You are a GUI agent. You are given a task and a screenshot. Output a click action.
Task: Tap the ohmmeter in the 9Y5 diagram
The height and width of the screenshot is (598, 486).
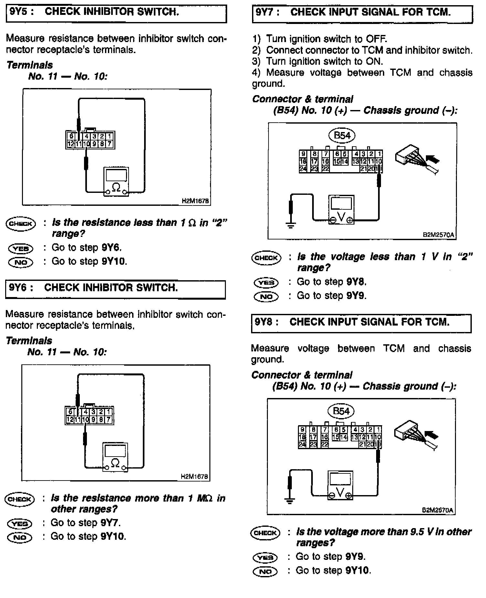(116, 182)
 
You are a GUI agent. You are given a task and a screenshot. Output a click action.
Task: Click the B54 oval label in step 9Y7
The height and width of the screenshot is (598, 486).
(342, 136)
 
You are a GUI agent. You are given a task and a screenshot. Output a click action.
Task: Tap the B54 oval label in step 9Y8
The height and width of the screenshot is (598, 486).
(341, 411)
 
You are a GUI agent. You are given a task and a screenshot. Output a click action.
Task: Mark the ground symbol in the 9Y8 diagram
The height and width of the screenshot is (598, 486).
(290, 501)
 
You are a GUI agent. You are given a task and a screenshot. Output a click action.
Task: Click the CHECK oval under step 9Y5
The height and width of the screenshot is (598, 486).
(21, 224)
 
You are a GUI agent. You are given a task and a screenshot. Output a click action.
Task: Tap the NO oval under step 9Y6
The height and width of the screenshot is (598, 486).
(20, 537)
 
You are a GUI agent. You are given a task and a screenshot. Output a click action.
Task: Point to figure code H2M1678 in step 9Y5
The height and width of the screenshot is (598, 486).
(195, 201)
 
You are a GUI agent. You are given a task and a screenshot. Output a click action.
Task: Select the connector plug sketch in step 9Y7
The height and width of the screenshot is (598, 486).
(417, 159)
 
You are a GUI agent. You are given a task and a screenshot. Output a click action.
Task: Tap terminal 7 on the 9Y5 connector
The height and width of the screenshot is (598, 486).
(110, 144)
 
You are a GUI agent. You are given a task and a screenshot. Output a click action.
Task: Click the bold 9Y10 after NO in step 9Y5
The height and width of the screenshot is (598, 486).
(113, 261)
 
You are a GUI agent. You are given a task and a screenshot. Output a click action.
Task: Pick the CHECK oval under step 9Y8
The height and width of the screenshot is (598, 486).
(265, 533)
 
